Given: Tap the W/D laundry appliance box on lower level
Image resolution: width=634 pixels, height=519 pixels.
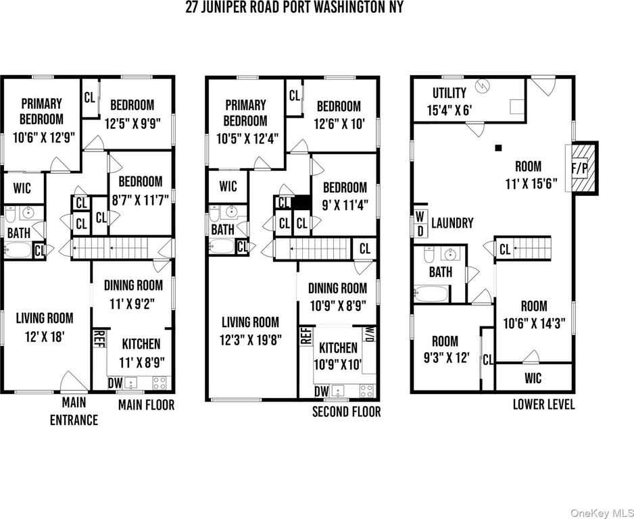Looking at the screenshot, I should (x=419, y=222).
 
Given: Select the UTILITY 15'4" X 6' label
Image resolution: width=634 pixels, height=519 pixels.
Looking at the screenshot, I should (x=449, y=102).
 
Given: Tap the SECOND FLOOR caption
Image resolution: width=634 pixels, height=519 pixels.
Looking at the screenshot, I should (x=346, y=412).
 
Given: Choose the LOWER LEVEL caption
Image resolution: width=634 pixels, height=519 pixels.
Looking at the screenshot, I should (x=543, y=405).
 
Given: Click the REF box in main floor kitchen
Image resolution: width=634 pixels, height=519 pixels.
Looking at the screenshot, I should (x=99, y=337).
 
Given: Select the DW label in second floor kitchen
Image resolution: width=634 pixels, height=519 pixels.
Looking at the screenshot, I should (x=322, y=391).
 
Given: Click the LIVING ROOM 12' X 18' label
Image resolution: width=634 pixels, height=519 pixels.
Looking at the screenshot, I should (x=45, y=326).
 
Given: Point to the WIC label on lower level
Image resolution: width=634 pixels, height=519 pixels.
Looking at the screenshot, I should (x=533, y=377).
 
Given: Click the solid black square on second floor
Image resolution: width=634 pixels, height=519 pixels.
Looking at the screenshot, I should (x=301, y=202).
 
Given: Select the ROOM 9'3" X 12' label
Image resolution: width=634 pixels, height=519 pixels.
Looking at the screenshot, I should (x=445, y=349).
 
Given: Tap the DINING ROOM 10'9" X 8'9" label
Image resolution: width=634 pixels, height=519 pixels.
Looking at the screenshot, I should (x=339, y=296).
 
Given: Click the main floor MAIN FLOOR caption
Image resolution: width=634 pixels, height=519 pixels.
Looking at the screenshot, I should (x=146, y=405).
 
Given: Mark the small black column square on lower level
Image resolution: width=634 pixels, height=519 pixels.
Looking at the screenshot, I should (x=499, y=147).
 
